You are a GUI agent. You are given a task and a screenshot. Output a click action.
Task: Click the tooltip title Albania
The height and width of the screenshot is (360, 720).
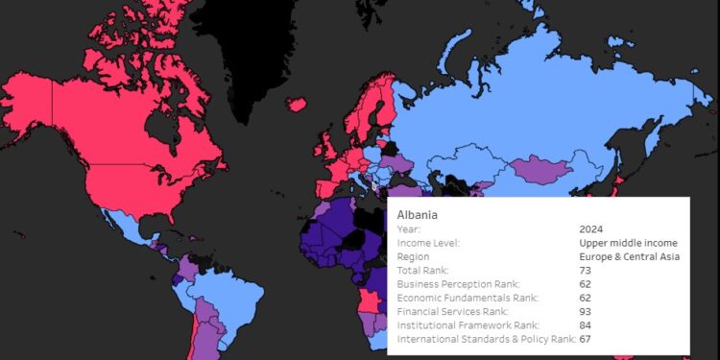click(x=417, y=214)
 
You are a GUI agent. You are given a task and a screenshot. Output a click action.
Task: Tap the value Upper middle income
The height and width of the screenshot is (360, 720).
click(x=628, y=243)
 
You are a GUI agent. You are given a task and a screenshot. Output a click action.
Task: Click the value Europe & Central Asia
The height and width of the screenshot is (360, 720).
click(x=629, y=256)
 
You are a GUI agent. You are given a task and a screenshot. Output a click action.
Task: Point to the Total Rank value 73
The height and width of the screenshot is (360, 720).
click(x=586, y=271)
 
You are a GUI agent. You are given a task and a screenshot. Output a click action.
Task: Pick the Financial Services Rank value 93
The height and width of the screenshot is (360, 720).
click(x=586, y=312)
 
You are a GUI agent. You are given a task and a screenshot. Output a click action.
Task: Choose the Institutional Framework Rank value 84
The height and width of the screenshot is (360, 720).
click(x=586, y=325)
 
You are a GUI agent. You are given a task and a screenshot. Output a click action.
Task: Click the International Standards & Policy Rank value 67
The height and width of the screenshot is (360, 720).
click(x=586, y=340)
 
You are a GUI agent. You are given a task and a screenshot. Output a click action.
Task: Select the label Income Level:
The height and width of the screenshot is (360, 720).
click(x=428, y=243)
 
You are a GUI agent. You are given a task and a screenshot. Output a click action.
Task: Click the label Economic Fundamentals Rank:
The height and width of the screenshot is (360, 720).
click(x=468, y=298)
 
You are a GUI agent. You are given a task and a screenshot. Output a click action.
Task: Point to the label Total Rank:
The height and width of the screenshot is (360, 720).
click(x=422, y=271)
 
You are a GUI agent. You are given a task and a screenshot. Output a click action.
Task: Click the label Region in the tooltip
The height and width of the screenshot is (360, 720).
click(x=415, y=256)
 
